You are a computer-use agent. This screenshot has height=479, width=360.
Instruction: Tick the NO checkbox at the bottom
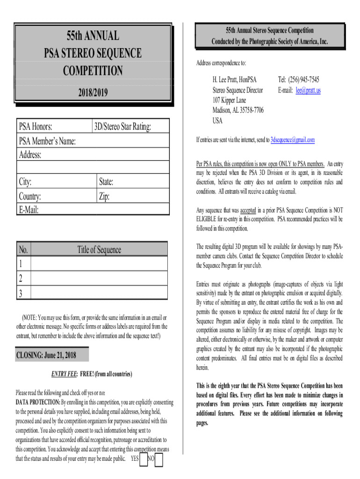[x=159, y=460]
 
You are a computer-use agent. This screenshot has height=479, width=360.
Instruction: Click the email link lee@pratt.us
[x=308, y=90]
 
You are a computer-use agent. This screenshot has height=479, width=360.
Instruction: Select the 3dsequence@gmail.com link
[x=293, y=140]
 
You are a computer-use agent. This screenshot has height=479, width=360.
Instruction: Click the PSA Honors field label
[x=36, y=126]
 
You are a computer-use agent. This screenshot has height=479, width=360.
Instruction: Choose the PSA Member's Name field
[x=47, y=141]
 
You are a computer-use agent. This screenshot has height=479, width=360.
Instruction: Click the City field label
[x=25, y=181]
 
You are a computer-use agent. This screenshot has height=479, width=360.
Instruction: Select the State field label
[x=106, y=181]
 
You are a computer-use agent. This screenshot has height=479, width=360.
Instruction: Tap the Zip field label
[x=104, y=196]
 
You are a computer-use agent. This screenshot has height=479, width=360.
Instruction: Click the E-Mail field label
[x=29, y=210]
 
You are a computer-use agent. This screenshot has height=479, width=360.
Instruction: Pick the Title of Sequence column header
[x=99, y=250]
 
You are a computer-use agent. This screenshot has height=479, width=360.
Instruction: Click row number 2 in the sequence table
[x=21, y=279]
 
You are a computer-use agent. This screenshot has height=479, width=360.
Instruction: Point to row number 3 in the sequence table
[x=21, y=293]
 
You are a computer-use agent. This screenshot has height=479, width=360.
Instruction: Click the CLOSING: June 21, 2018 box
[x=46, y=356]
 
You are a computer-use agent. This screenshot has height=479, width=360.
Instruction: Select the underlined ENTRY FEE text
[x=64, y=374]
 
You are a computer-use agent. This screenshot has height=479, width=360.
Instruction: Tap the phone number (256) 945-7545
[x=299, y=80]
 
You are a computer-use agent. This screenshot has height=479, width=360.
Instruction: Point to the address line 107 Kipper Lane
[x=229, y=100]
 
